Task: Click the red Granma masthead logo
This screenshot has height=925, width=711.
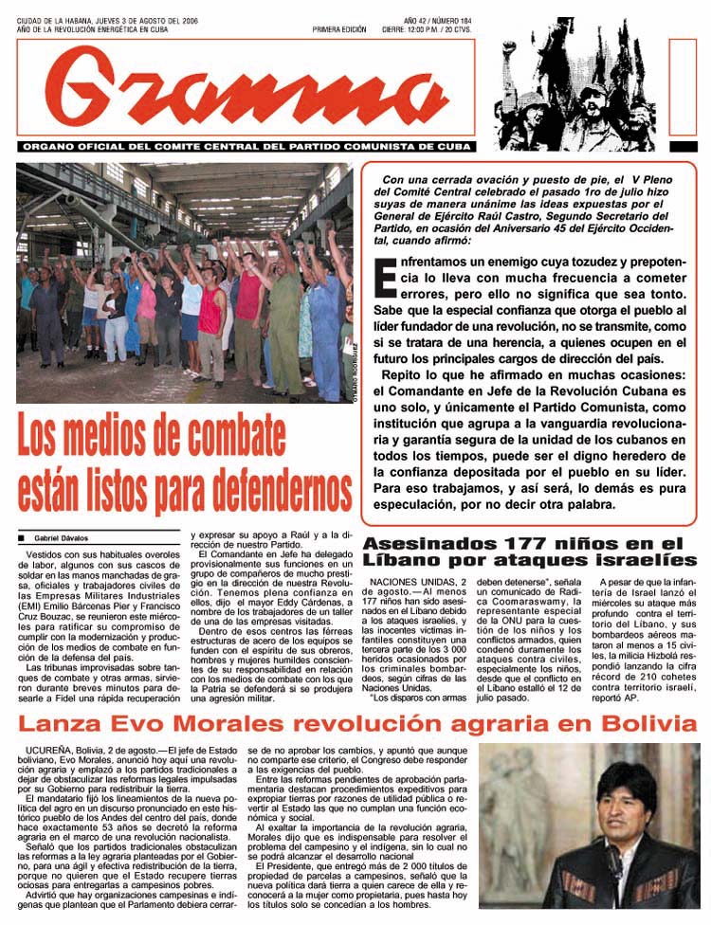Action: (246, 87)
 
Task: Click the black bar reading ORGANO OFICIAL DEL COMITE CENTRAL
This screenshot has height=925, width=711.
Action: (246, 147)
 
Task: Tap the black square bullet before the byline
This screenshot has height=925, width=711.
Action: (21, 537)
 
